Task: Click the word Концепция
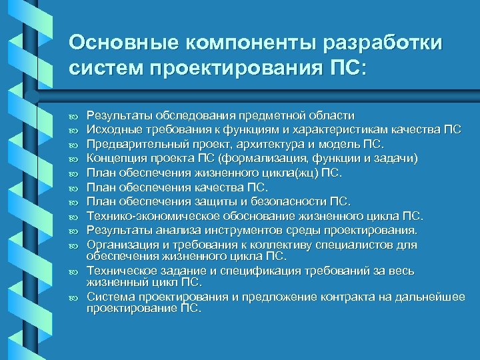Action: (113, 158)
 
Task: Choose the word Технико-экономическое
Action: (147, 216)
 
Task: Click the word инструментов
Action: (240, 231)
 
